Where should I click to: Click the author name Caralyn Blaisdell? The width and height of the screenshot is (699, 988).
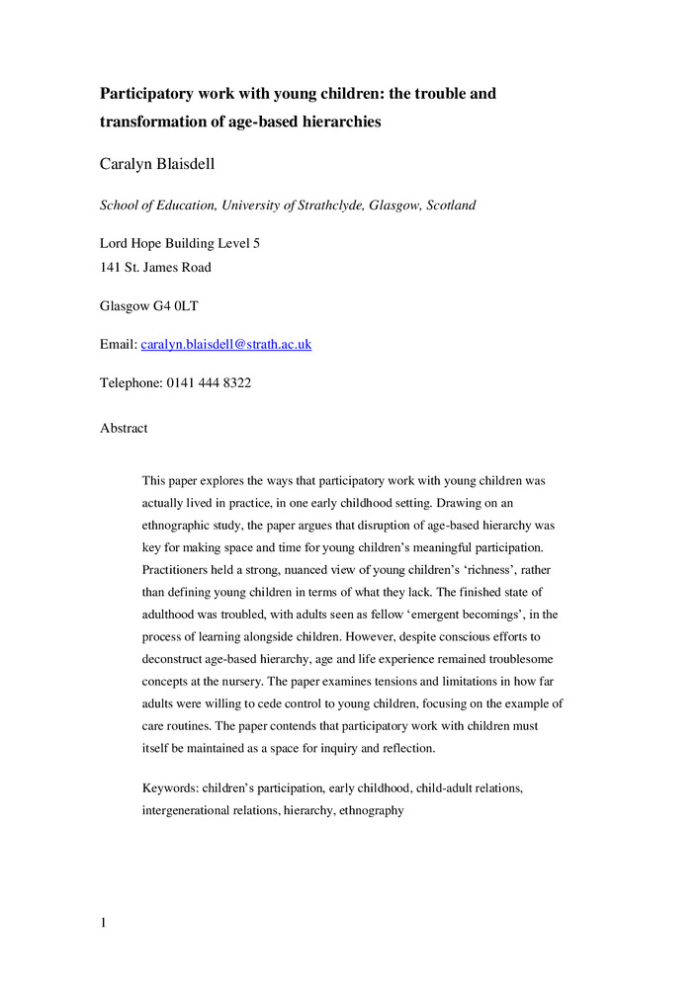tap(157, 164)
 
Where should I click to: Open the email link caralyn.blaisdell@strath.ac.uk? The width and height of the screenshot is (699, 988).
tap(226, 344)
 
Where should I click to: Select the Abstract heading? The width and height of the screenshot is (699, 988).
tap(124, 428)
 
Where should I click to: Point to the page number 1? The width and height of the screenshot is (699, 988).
tap(104, 924)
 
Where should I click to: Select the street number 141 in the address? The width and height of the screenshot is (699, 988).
tap(111, 267)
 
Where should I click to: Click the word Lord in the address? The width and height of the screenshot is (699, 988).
tap(115, 243)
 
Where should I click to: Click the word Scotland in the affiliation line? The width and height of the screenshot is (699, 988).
tap(450, 206)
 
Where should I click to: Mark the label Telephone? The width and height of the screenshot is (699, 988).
tap(129, 382)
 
